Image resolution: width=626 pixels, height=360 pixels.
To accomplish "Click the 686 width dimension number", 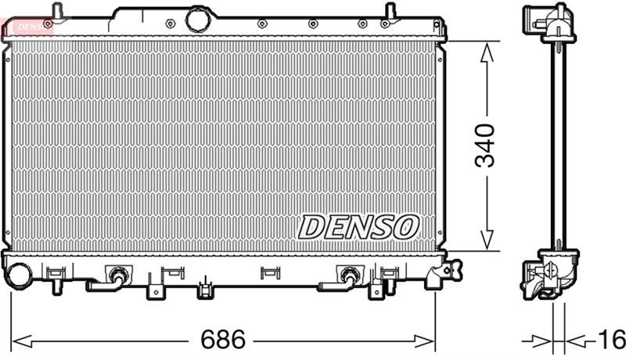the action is click(x=223, y=340).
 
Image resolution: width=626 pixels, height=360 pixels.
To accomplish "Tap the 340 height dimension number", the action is click(x=484, y=146).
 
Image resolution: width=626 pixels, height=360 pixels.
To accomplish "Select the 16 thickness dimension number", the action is click(x=611, y=340).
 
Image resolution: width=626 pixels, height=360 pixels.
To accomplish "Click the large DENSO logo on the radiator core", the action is click(x=358, y=227).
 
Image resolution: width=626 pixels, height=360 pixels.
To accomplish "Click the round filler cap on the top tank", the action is click(x=198, y=20).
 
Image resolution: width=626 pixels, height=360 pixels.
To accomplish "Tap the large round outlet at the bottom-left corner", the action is click(x=19, y=275).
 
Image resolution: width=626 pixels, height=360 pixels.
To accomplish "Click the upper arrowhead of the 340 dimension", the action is click(x=486, y=52).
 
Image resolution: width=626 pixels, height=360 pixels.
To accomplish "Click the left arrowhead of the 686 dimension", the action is click(x=22, y=342).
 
